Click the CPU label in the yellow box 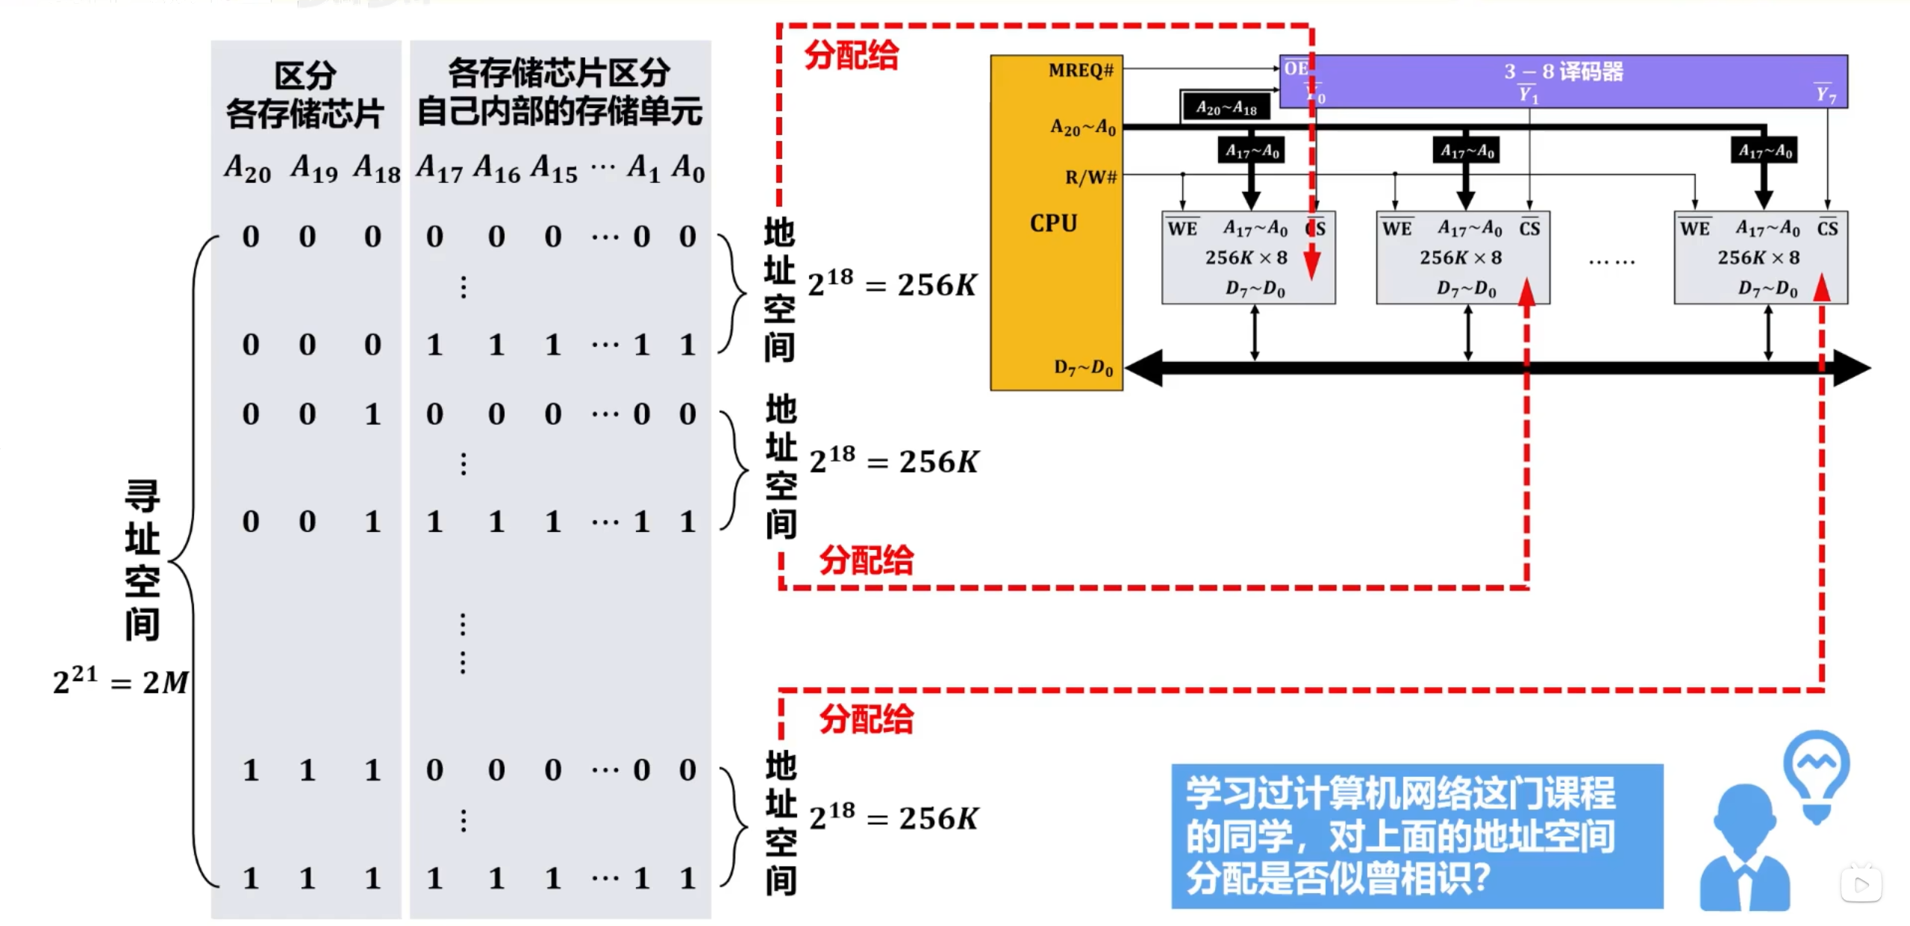1053,223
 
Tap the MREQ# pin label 1080,70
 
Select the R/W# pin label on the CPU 1090,177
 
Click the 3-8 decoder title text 1563,72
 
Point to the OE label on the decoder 1296,69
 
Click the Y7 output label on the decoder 1825,93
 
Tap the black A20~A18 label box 1226,108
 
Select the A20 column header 248,169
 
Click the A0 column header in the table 687,169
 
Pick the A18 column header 377,169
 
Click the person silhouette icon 1744,851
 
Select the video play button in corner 1861,885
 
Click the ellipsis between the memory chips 1611,262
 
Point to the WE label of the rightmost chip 1694,228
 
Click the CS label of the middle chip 1529,228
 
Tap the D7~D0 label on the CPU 1083,367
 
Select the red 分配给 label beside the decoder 852,56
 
